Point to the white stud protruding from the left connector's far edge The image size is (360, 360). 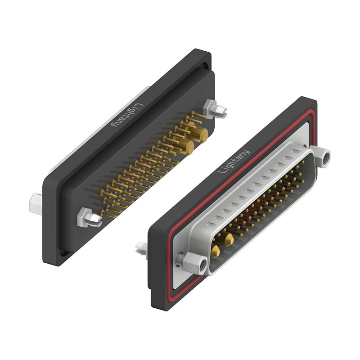36,203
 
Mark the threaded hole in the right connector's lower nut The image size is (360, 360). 201,264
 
